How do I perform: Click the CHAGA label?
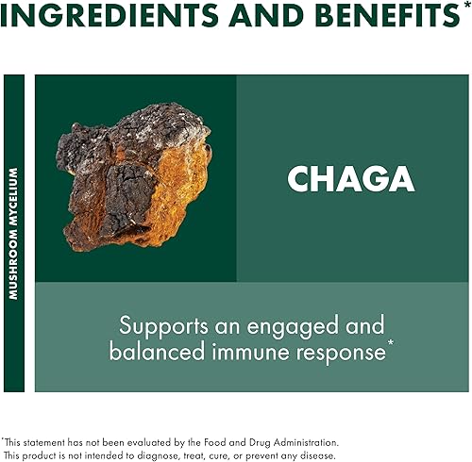pyautogui.click(x=351, y=178)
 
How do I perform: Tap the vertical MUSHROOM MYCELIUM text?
pyautogui.click(x=14, y=233)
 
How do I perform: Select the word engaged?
pyautogui.click(x=311, y=326)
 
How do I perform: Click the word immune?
pyautogui.click(x=256, y=353)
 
